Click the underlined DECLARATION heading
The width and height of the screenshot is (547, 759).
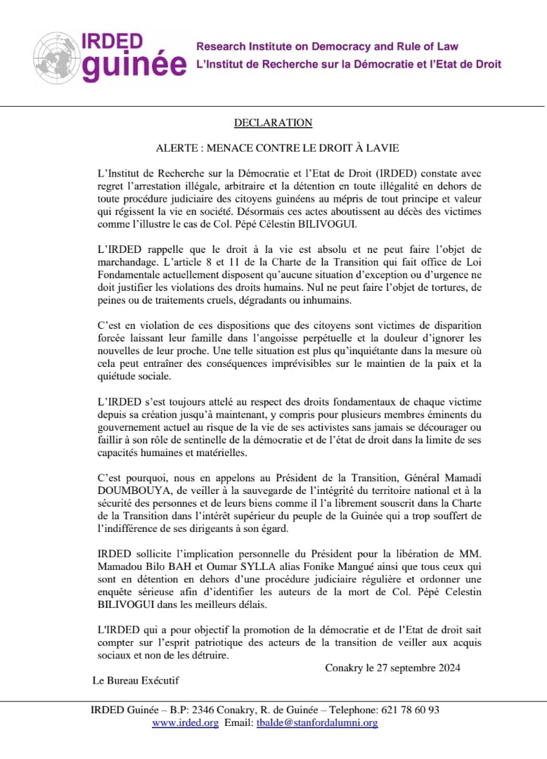pos(273,123)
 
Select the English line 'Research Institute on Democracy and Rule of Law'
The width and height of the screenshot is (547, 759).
pos(327,47)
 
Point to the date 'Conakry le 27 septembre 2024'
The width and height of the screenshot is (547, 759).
pos(392,668)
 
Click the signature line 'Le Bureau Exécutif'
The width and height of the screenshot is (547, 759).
pos(136,680)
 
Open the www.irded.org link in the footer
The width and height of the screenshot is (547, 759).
pos(185,722)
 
